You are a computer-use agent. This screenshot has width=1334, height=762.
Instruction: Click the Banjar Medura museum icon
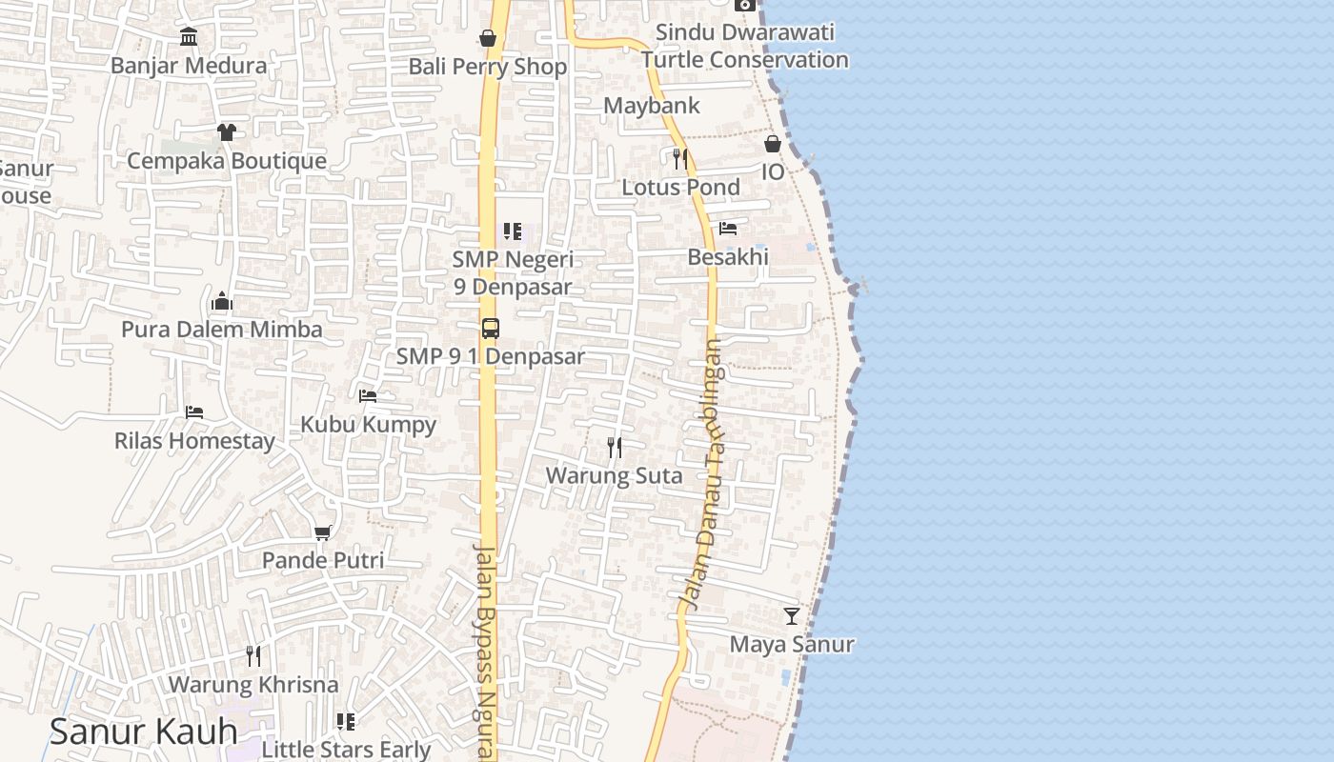(x=189, y=37)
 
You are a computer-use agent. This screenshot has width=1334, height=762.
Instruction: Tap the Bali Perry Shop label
(x=487, y=67)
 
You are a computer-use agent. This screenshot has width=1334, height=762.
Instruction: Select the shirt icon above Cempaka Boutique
(x=226, y=131)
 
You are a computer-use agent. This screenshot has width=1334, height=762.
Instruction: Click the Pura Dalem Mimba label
(x=221, y=330)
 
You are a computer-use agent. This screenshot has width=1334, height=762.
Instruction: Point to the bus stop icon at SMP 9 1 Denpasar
(x=490, y=329)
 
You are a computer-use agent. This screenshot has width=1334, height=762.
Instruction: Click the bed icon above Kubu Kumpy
(x=368, y=396)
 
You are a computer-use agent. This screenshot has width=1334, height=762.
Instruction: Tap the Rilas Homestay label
(x=194, y=441)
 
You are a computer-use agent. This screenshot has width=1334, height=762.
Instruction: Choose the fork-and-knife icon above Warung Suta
(x=615, y=447)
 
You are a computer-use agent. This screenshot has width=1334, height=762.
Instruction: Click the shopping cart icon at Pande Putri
(x=323, y=532)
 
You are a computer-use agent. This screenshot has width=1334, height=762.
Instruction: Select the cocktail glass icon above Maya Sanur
(x=792, y=616)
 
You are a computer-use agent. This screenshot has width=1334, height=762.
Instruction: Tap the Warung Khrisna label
(x=253, y=685)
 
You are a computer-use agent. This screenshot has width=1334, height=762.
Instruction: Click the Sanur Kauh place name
(x=143, y=732)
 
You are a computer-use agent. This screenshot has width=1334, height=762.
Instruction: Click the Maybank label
(x=652, y=106)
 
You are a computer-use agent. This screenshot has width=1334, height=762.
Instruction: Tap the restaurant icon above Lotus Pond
(x=679, y=158)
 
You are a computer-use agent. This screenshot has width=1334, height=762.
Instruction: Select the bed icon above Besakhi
(x=728, y=229)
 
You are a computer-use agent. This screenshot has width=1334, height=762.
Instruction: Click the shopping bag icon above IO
(x=773, y=144)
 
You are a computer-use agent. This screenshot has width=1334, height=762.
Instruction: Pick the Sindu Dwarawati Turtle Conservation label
(x=744, y=46)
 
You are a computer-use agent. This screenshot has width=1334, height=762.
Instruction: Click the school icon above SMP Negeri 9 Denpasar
(x=513, y=231)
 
